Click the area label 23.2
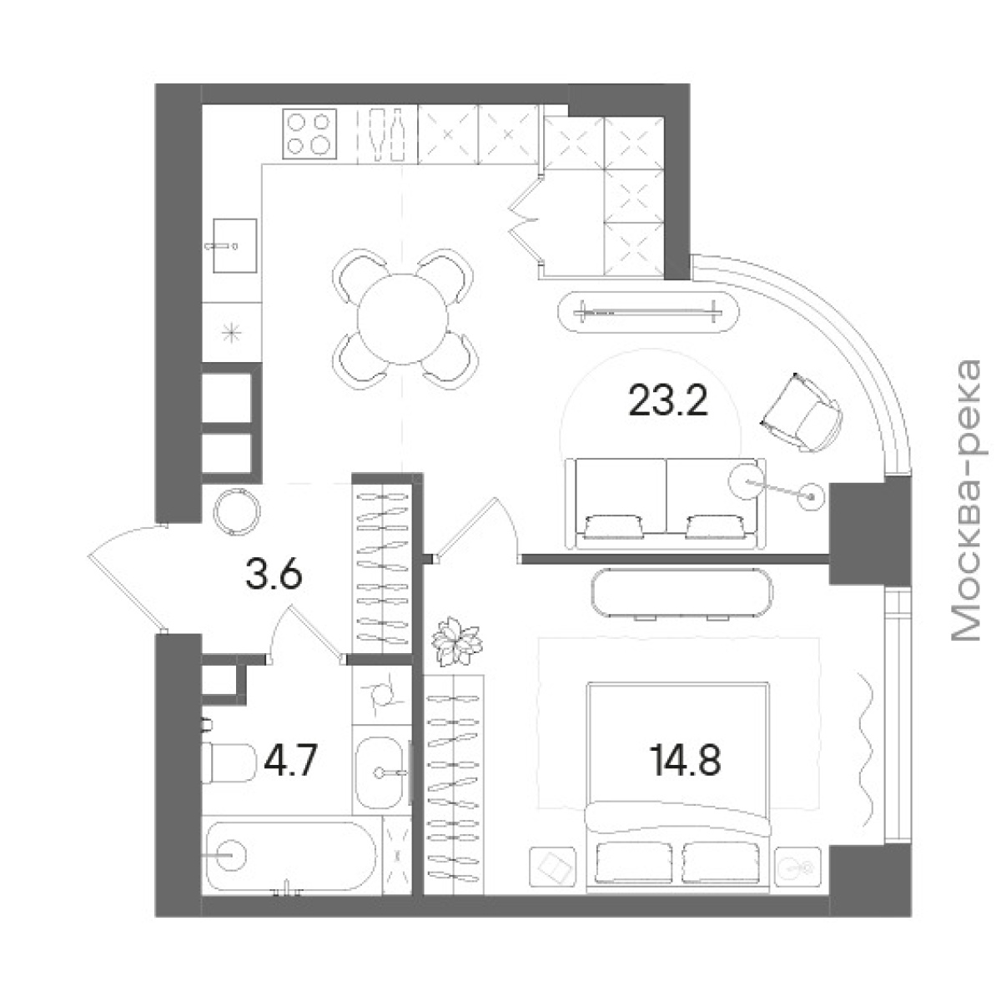[667, 400]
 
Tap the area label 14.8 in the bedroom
[685, 760]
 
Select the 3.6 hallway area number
[274, 576]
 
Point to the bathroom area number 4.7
[290, 760]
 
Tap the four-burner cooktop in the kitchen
[309, 134]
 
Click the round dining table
[403, 319]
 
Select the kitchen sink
[235, 245]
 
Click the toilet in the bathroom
[228, 762]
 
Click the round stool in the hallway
[236, 511]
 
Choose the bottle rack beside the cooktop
[388, 135]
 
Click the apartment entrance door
[128, 577]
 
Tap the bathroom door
[306, 635]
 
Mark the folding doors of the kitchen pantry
[526, 224]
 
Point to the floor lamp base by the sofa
[812, 497]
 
